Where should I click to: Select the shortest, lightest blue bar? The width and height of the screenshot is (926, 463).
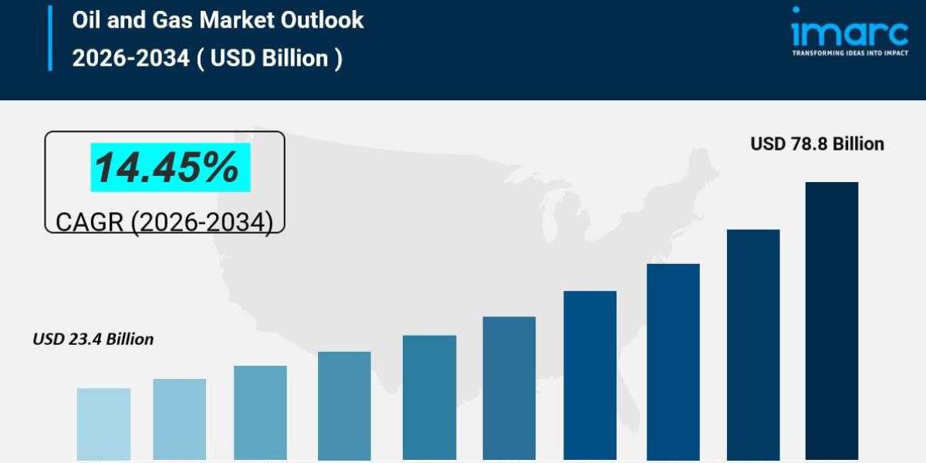(x=103, y=424)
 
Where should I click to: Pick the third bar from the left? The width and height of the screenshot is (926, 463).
(x=260, y=412)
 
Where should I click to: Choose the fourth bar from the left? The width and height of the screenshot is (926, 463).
(x=344, y=405)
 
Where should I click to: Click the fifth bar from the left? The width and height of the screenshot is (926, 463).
(x=429, y=397)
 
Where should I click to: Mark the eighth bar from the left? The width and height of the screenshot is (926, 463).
(x=673, y=362)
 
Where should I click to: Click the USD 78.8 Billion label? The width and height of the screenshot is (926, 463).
(x=817, y=144)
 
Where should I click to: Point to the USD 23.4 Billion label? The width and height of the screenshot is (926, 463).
(x=93, y=339)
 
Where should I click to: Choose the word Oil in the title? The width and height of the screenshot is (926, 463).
(x=86, y=20)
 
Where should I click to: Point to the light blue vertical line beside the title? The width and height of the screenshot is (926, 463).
(x=50, y=38)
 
